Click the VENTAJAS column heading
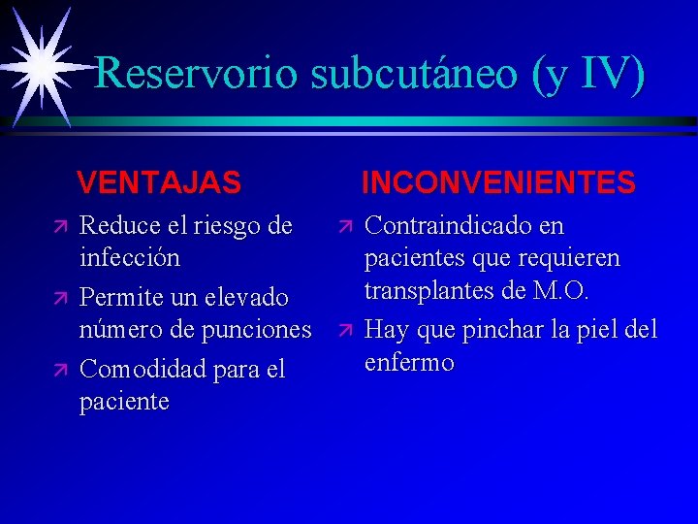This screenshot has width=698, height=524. [159, 182]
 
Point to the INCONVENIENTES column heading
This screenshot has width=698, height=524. [498, 182]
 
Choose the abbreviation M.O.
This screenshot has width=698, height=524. [561, 292]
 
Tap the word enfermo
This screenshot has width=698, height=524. [409, 363]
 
